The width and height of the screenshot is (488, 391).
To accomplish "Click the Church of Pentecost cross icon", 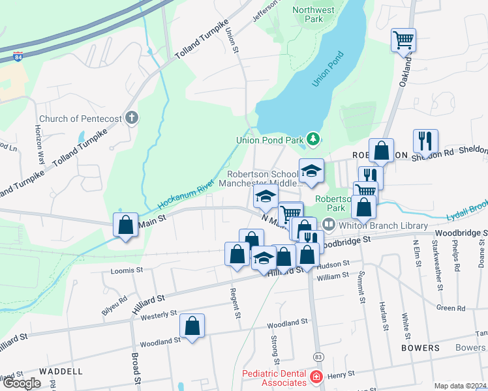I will [132, 119].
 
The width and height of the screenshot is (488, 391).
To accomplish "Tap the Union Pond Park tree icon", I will [314, 139].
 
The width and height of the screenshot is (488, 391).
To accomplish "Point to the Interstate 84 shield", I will [19, 57].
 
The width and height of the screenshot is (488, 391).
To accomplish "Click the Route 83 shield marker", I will [318, 356].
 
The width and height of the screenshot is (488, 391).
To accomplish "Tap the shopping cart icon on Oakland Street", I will [403, 40].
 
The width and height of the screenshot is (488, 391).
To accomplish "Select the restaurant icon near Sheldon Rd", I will [425, 140].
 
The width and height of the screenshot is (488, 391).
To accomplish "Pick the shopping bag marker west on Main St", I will [125, 225].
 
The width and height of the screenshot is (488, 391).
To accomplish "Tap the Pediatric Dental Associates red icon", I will [316, 377].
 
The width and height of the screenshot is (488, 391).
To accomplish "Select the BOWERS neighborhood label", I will [420, 348].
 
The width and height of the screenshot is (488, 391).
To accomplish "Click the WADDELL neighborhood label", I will [61, 371].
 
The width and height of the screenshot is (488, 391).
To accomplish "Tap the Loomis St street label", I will [127, 270].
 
